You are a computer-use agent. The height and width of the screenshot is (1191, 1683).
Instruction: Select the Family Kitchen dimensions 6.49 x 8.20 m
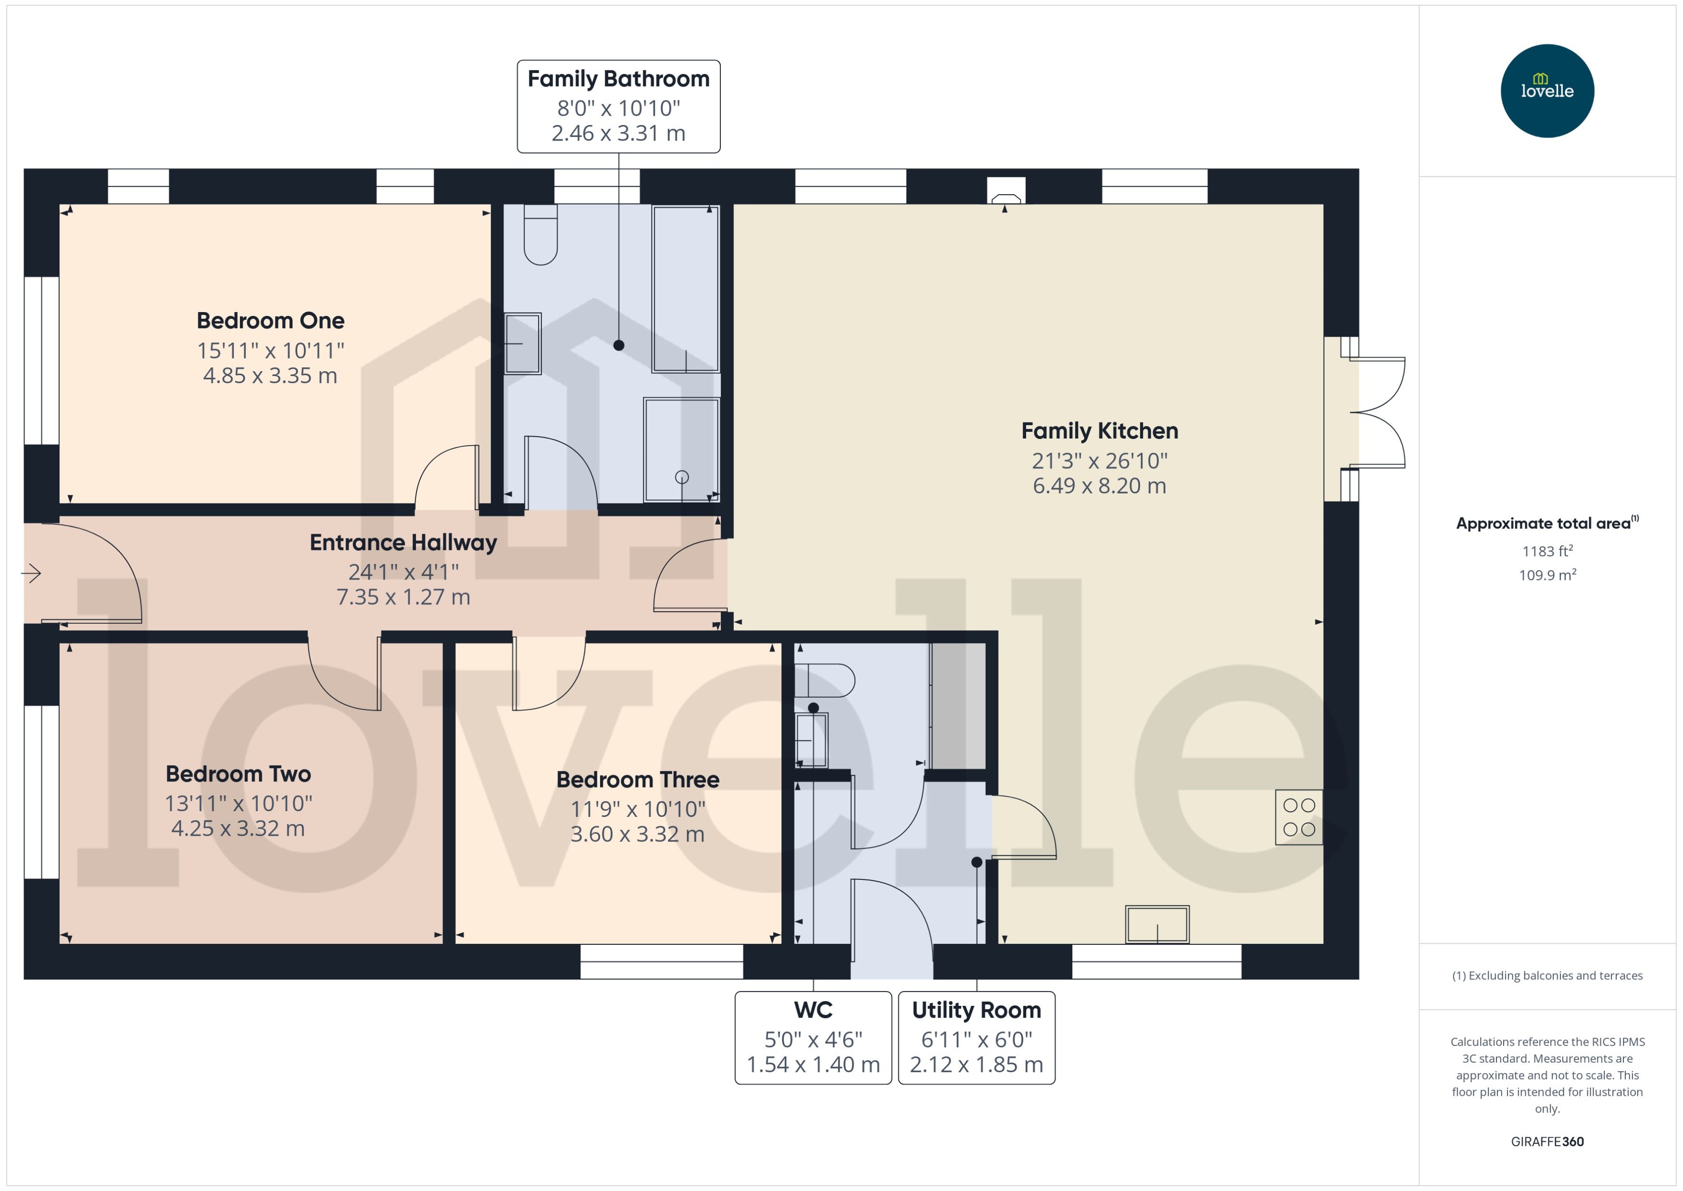click(x=1099, y=486)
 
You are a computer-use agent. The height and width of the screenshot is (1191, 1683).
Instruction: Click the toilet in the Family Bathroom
click(x=540, y=235)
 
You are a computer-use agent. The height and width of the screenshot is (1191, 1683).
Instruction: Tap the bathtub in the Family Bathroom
click(x=685, y=289)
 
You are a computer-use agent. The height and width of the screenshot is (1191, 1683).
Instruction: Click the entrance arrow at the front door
click(x=32, y=573)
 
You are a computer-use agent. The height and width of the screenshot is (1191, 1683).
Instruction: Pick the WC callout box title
click(x=813, y=1010)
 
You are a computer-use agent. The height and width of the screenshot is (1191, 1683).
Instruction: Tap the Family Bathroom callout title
click(x=618, y=78)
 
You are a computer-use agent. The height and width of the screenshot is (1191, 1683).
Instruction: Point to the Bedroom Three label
click(x=637, y=779)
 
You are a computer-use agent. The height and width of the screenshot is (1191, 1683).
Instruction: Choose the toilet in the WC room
click(x=826, y=680)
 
